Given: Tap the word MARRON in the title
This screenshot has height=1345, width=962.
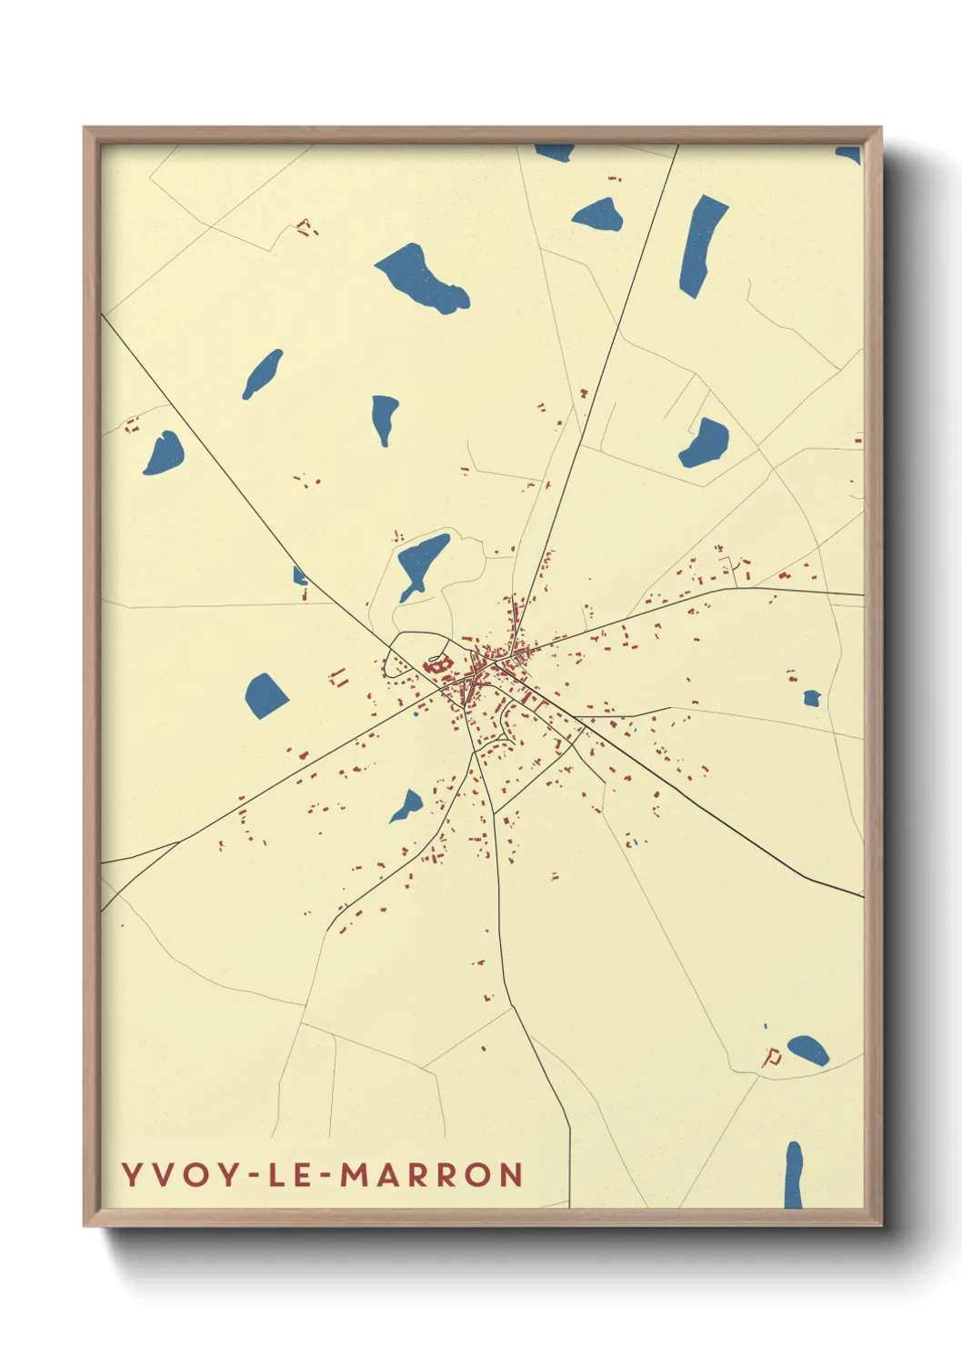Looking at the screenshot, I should coord(432,1175).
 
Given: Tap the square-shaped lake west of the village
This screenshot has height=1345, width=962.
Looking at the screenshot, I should coord(266,695).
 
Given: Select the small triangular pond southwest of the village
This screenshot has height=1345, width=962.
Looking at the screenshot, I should coord(408,806).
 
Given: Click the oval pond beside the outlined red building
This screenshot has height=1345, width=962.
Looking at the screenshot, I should coord(807,1051).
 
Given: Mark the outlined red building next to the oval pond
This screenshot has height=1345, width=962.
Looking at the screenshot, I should coord(772,1056).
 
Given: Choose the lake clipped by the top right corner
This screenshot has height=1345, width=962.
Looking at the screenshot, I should coord(850,154).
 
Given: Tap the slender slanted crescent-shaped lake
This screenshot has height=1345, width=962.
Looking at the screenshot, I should coord(262,374).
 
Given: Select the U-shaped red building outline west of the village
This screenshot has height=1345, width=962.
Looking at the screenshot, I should coord(339,677).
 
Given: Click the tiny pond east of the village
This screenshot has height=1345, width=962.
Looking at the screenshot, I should coord(812,698).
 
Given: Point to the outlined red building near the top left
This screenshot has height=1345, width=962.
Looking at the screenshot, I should coord(306,227).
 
